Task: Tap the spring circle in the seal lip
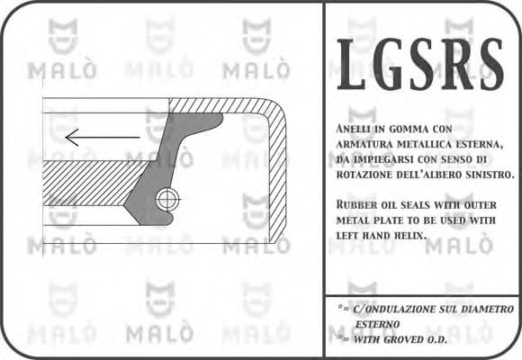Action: pos(167,198)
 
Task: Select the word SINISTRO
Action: pos(486,174)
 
